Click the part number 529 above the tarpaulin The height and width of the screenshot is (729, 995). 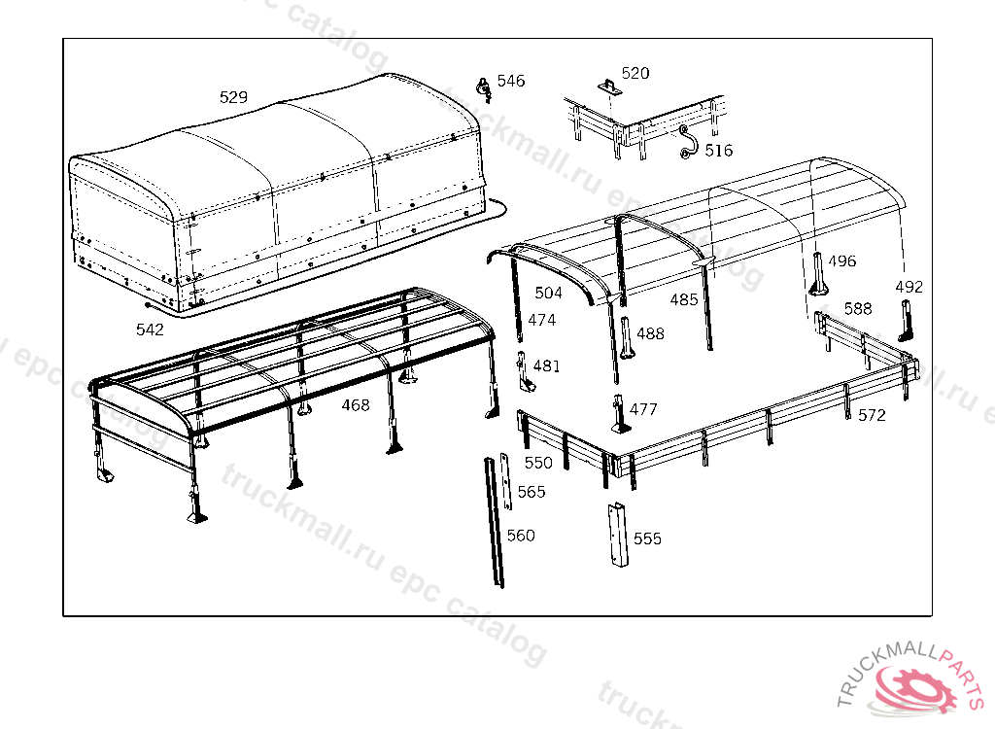233,97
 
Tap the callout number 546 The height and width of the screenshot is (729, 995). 511,81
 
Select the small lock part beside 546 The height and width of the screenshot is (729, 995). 484,89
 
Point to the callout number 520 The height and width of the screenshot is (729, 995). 635,73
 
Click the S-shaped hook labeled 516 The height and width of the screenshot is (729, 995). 687,142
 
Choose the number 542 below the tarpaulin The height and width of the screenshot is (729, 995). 150,330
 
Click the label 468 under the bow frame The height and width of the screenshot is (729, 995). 356,405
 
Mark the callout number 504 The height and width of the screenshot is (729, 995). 548,293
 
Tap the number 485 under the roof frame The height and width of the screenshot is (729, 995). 684,299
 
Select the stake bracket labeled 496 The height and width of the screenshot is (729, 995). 818,274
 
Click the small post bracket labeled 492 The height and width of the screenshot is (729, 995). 907,321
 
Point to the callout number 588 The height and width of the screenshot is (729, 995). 858,309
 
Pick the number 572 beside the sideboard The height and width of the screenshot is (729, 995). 872,415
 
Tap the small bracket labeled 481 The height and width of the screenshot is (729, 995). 524,371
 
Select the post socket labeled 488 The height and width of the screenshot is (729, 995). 627,337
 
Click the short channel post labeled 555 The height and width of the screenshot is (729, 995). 618,535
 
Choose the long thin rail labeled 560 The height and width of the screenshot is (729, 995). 495,522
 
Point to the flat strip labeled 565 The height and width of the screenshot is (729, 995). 505,481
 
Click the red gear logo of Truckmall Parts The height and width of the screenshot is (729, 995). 916,688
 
